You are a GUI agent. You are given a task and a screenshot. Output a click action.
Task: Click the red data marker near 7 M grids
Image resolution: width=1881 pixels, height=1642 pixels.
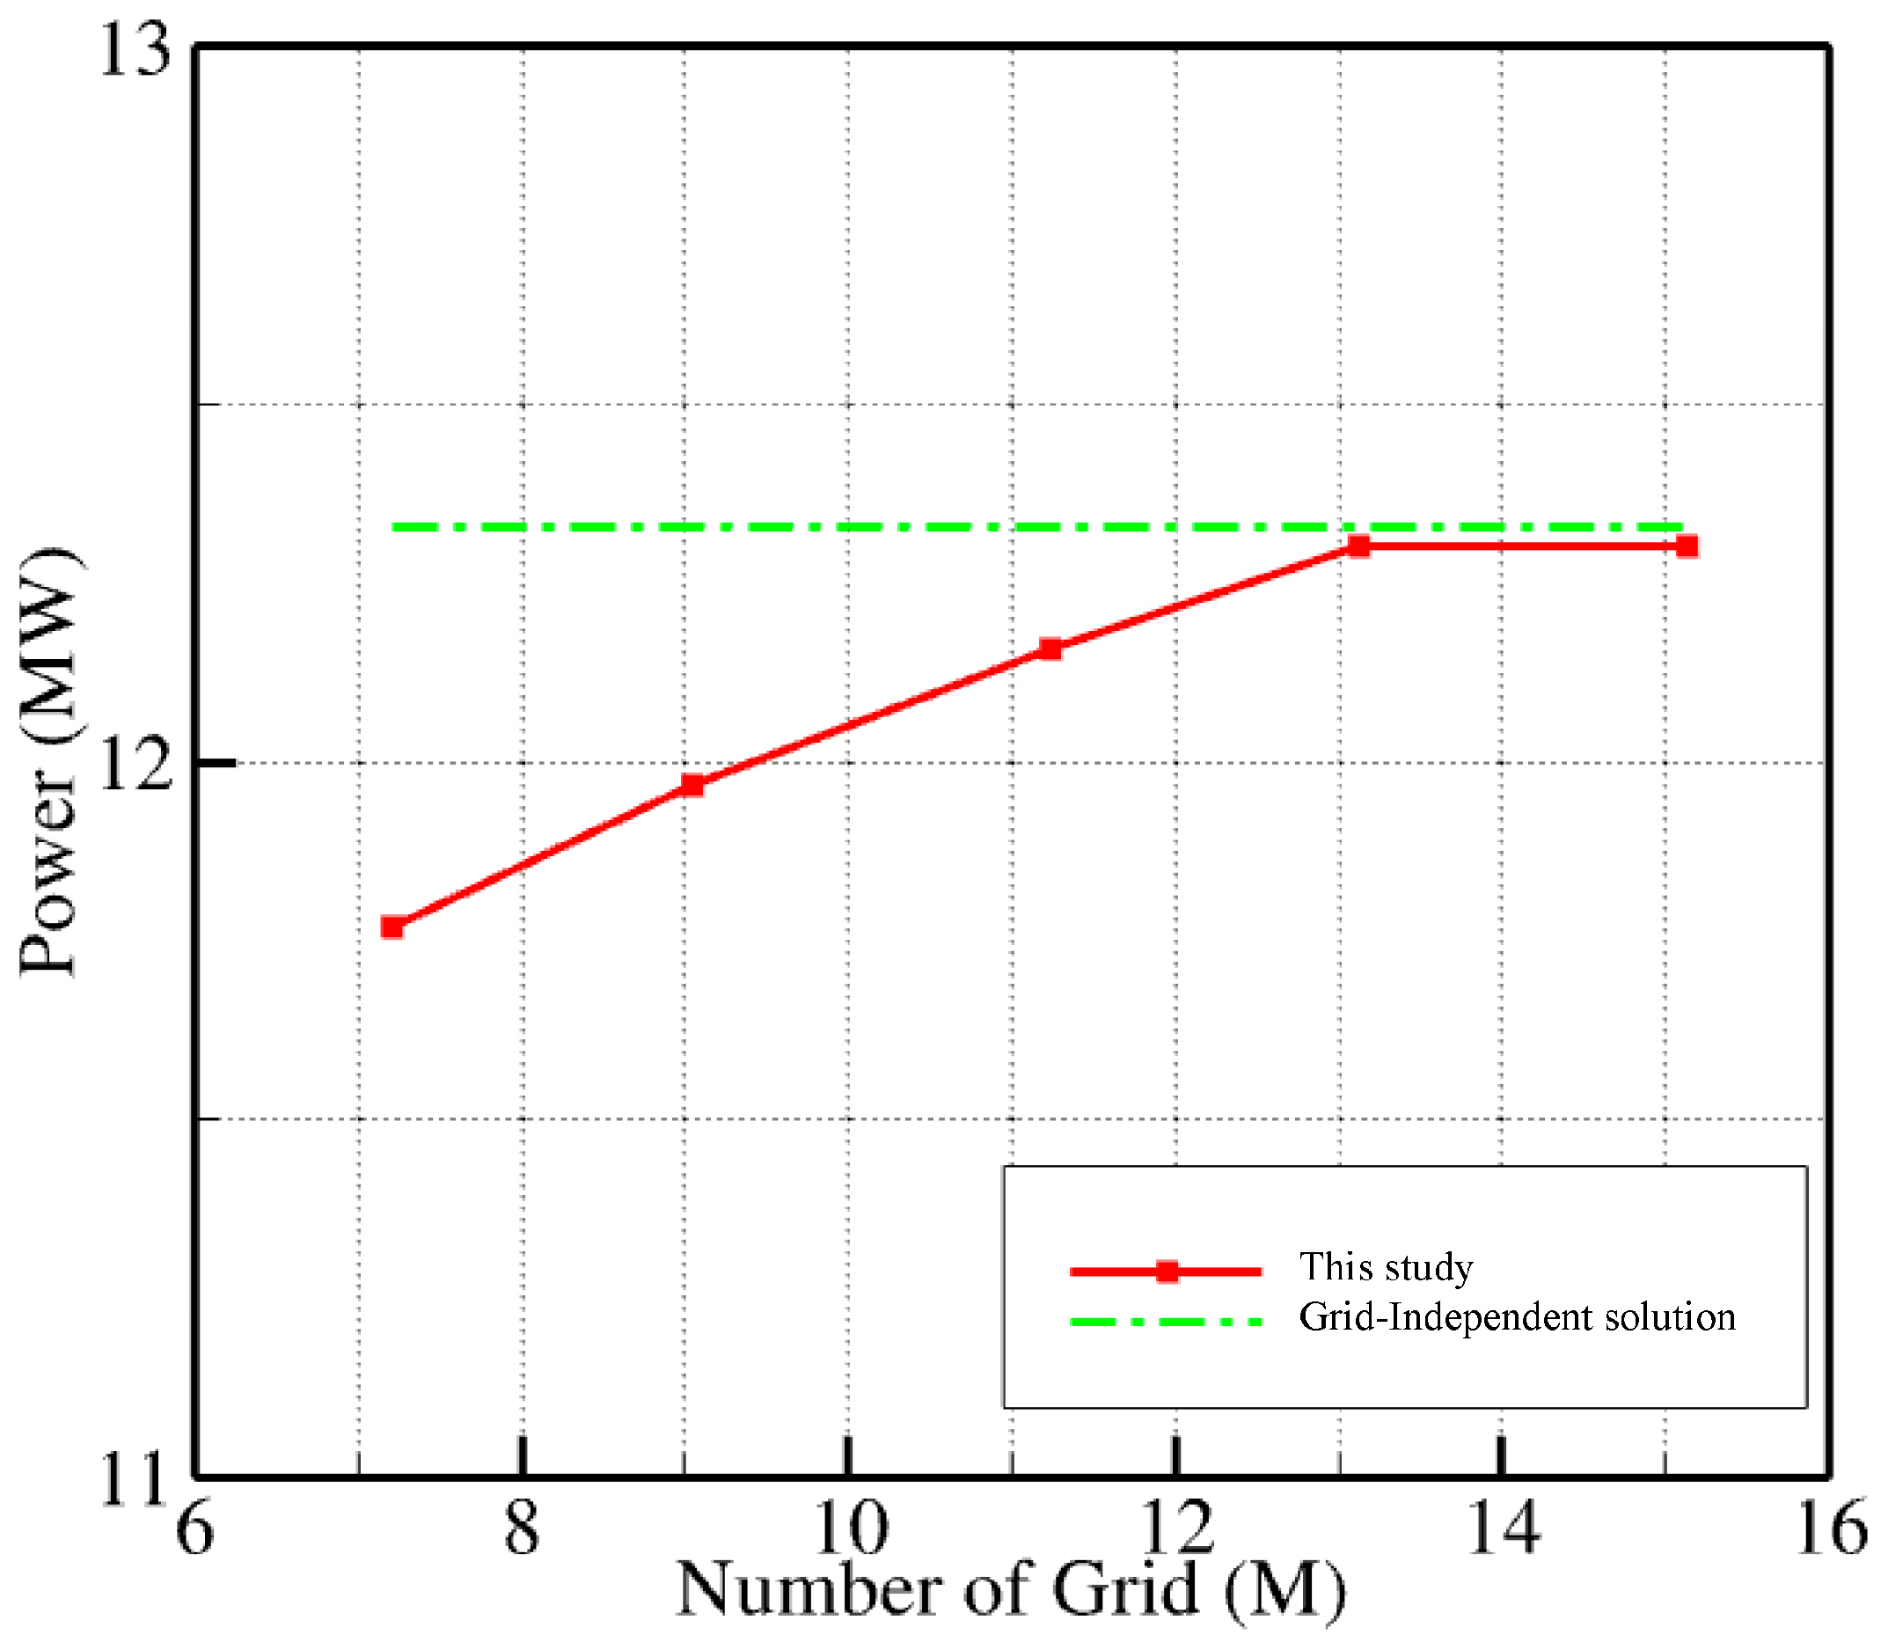point(392,927)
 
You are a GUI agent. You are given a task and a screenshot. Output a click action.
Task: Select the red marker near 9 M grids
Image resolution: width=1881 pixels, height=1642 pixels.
point(692,785)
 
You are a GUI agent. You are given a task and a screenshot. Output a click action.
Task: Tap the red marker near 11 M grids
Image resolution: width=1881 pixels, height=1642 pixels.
point(1050,649)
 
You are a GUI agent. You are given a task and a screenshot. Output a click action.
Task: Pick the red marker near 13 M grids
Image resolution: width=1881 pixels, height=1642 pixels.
point(1358,546)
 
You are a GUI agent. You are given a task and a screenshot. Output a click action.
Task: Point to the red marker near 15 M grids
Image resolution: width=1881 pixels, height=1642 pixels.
point(1687,547)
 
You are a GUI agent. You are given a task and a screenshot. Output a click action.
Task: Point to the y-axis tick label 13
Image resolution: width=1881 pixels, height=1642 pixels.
point(135,50)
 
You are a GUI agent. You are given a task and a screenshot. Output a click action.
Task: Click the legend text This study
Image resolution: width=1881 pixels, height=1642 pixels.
point(1386,1267)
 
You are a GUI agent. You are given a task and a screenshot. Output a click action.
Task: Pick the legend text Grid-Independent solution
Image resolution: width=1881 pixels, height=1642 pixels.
point(1518,1317)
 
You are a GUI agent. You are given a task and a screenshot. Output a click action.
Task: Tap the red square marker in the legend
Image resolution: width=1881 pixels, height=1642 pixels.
point(1167,1271)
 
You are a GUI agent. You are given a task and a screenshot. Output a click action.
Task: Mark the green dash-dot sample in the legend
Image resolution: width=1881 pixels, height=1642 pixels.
point(1167,1322)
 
